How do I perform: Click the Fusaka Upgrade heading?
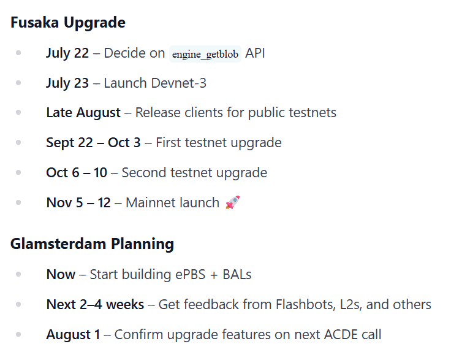(68, 23)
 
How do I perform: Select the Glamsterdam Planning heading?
(92, 244)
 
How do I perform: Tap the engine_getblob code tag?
(205, 54)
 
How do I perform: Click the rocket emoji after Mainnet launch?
(233, 202)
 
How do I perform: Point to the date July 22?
(67, 53)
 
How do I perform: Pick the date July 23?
(67, 83)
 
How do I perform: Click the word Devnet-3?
(178, 83)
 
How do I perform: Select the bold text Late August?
(83, 113)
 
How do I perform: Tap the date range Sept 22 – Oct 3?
(94, 143)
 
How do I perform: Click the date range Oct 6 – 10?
(77, 173)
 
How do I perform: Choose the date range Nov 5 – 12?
(78, 202)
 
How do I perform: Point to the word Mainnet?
(148, 202)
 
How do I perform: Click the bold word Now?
(61, 275)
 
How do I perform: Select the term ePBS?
(191, 275)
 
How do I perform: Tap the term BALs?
(237, 275)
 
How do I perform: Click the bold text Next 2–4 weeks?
(95, 304)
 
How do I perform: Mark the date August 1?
(74, 335)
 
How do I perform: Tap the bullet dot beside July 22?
(18, 53)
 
